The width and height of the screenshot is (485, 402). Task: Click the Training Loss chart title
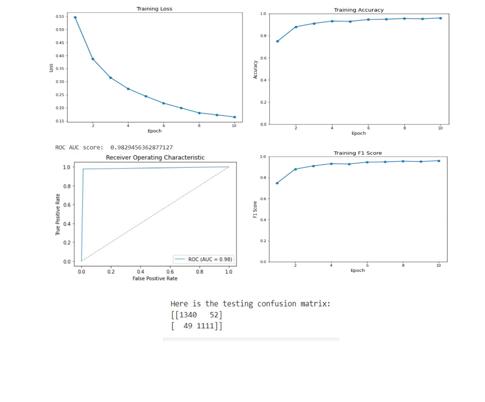[154, 9]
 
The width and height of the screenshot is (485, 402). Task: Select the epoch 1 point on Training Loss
[75, 17]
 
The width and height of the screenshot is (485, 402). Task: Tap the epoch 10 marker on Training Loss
[235, 117]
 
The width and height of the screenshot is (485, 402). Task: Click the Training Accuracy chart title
[358, 10]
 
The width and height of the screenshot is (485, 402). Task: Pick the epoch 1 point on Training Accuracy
[277, 41]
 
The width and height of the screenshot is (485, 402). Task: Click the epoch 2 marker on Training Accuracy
[296, 27]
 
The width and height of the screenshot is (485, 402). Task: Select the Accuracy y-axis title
[256, 69]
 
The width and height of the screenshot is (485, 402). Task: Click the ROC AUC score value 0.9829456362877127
[141, 147]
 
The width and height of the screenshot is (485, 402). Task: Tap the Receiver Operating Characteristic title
[155, 157]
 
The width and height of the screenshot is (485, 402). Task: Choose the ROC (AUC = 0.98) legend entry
[204, 259]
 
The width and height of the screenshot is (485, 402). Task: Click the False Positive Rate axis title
[155, 278]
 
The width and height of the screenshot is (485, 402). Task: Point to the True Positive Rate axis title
[58, 214]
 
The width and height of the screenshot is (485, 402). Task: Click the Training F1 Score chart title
[357, 153]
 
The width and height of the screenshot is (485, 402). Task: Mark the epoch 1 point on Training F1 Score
[277, 183]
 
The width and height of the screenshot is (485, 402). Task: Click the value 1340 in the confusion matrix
[188, 315]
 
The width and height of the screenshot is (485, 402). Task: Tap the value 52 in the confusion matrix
[214, 315]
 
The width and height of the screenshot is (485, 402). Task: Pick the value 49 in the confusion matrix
[187, 326]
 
